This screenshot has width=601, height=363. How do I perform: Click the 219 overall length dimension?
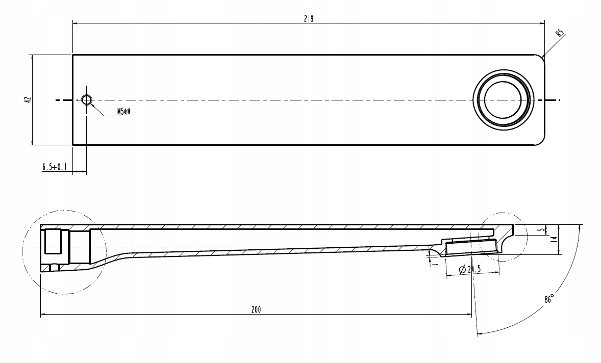[308, 19]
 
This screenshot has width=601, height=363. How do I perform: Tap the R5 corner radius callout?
[560, 34]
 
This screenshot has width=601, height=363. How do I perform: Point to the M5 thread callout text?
[124, 112]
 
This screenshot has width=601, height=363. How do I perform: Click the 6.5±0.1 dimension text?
[54, 167]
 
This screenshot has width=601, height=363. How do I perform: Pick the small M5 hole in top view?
[87, 100]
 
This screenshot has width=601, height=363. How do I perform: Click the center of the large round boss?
[504, 99]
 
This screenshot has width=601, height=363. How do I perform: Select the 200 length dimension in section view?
[256, 309]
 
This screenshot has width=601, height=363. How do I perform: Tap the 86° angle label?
[549, 299]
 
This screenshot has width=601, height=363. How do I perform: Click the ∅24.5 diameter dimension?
[470, 269]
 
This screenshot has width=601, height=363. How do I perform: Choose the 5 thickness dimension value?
[541, 230]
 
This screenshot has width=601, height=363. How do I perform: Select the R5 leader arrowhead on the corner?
[544, 56]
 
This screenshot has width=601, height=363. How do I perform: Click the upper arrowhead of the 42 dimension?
[32, 57]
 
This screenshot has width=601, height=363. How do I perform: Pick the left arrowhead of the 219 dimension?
[76, 23]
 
